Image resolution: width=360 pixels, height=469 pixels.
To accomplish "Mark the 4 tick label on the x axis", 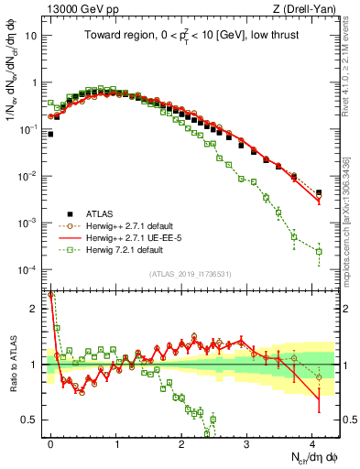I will pyautogui.click(x=311, y=442).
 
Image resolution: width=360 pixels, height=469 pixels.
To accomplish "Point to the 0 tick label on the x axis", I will pyautogui.click(x=50, y=442).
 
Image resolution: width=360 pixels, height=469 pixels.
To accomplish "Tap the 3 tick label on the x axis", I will pyautogui.click(x=246, y=442).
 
